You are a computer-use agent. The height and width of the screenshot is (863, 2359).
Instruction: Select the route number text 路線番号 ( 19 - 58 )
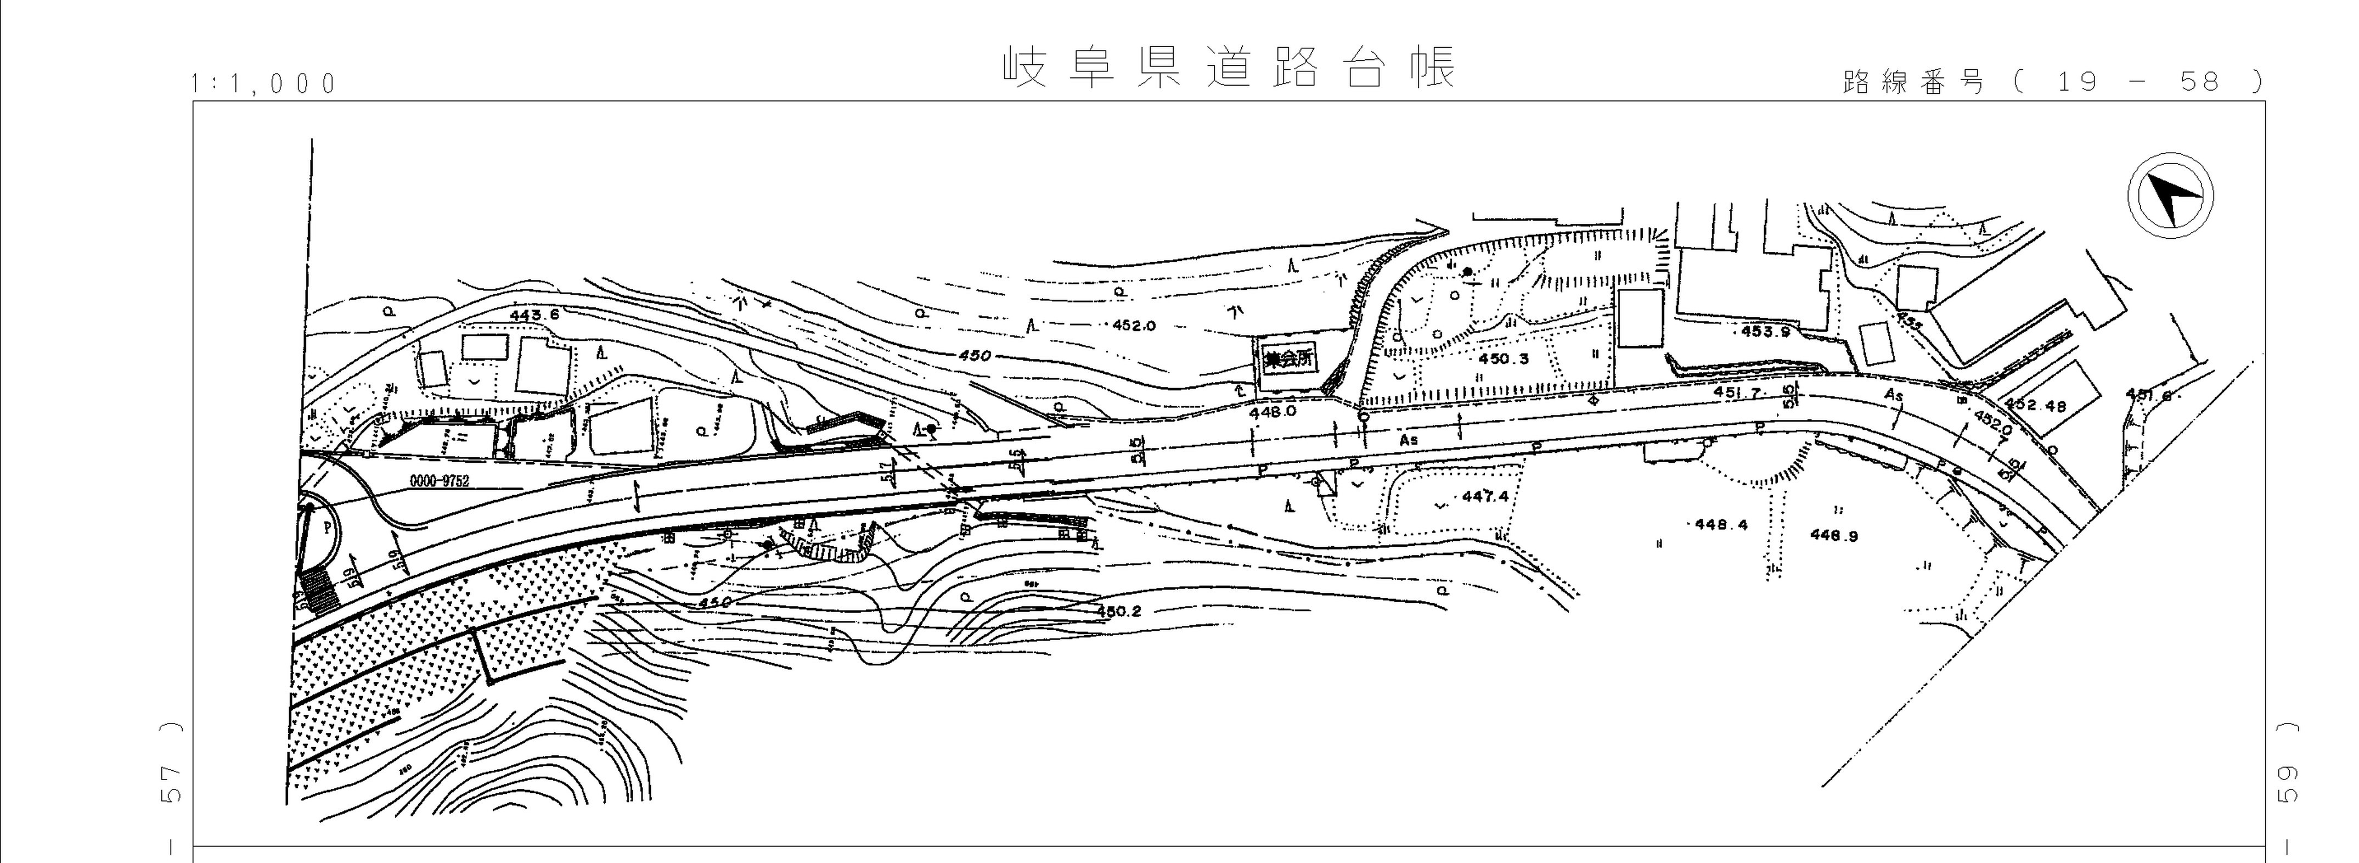coord(2051,82)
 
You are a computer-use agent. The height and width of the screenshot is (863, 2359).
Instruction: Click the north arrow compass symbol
coord(2170,198)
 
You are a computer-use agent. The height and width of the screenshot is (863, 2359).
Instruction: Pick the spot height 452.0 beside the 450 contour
coord(1134,325)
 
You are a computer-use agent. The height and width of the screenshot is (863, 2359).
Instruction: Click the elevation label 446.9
coord(1833,536)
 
